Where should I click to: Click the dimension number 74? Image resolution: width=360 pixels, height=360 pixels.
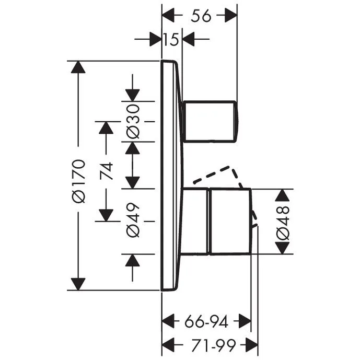coord(107,171)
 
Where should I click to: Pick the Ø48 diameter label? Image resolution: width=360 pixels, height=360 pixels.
coord(283,222)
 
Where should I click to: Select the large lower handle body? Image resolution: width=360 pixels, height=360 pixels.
coord(230,222)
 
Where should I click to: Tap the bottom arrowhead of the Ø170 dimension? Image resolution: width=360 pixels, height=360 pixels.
coord(78,282)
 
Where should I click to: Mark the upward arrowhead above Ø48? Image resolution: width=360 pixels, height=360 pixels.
coord(283,196)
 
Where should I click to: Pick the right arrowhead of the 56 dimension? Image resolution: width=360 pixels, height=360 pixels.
coord(230,16)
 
